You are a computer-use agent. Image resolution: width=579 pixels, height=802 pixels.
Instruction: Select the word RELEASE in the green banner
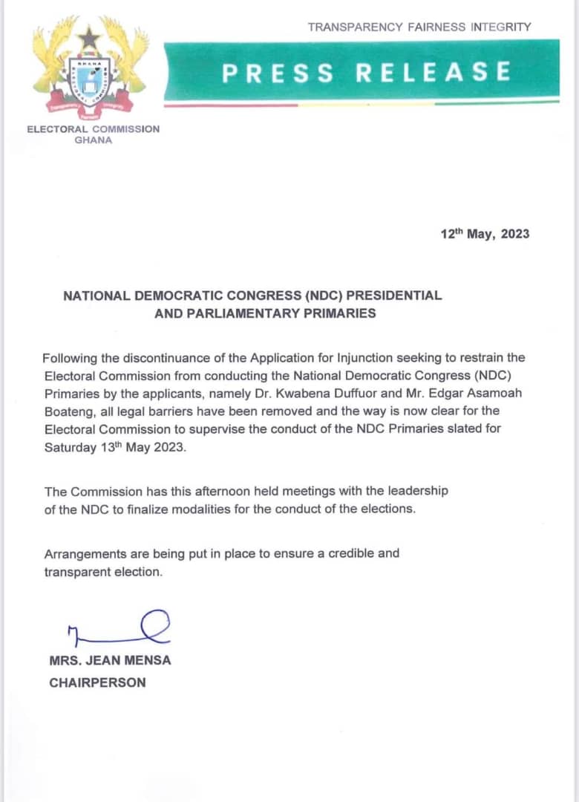[434, 72]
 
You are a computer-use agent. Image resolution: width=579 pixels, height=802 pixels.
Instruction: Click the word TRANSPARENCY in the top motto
[355, 27]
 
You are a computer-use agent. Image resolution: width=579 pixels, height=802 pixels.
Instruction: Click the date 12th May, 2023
[485, 233]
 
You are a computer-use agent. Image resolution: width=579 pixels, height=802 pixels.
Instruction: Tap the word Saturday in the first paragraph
[69, 447]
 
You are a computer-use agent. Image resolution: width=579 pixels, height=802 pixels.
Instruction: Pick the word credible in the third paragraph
[321, 553]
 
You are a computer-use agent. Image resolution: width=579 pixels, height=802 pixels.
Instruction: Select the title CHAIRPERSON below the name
[97, 682]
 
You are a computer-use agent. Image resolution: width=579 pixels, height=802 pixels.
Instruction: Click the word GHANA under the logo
[94, 140]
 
